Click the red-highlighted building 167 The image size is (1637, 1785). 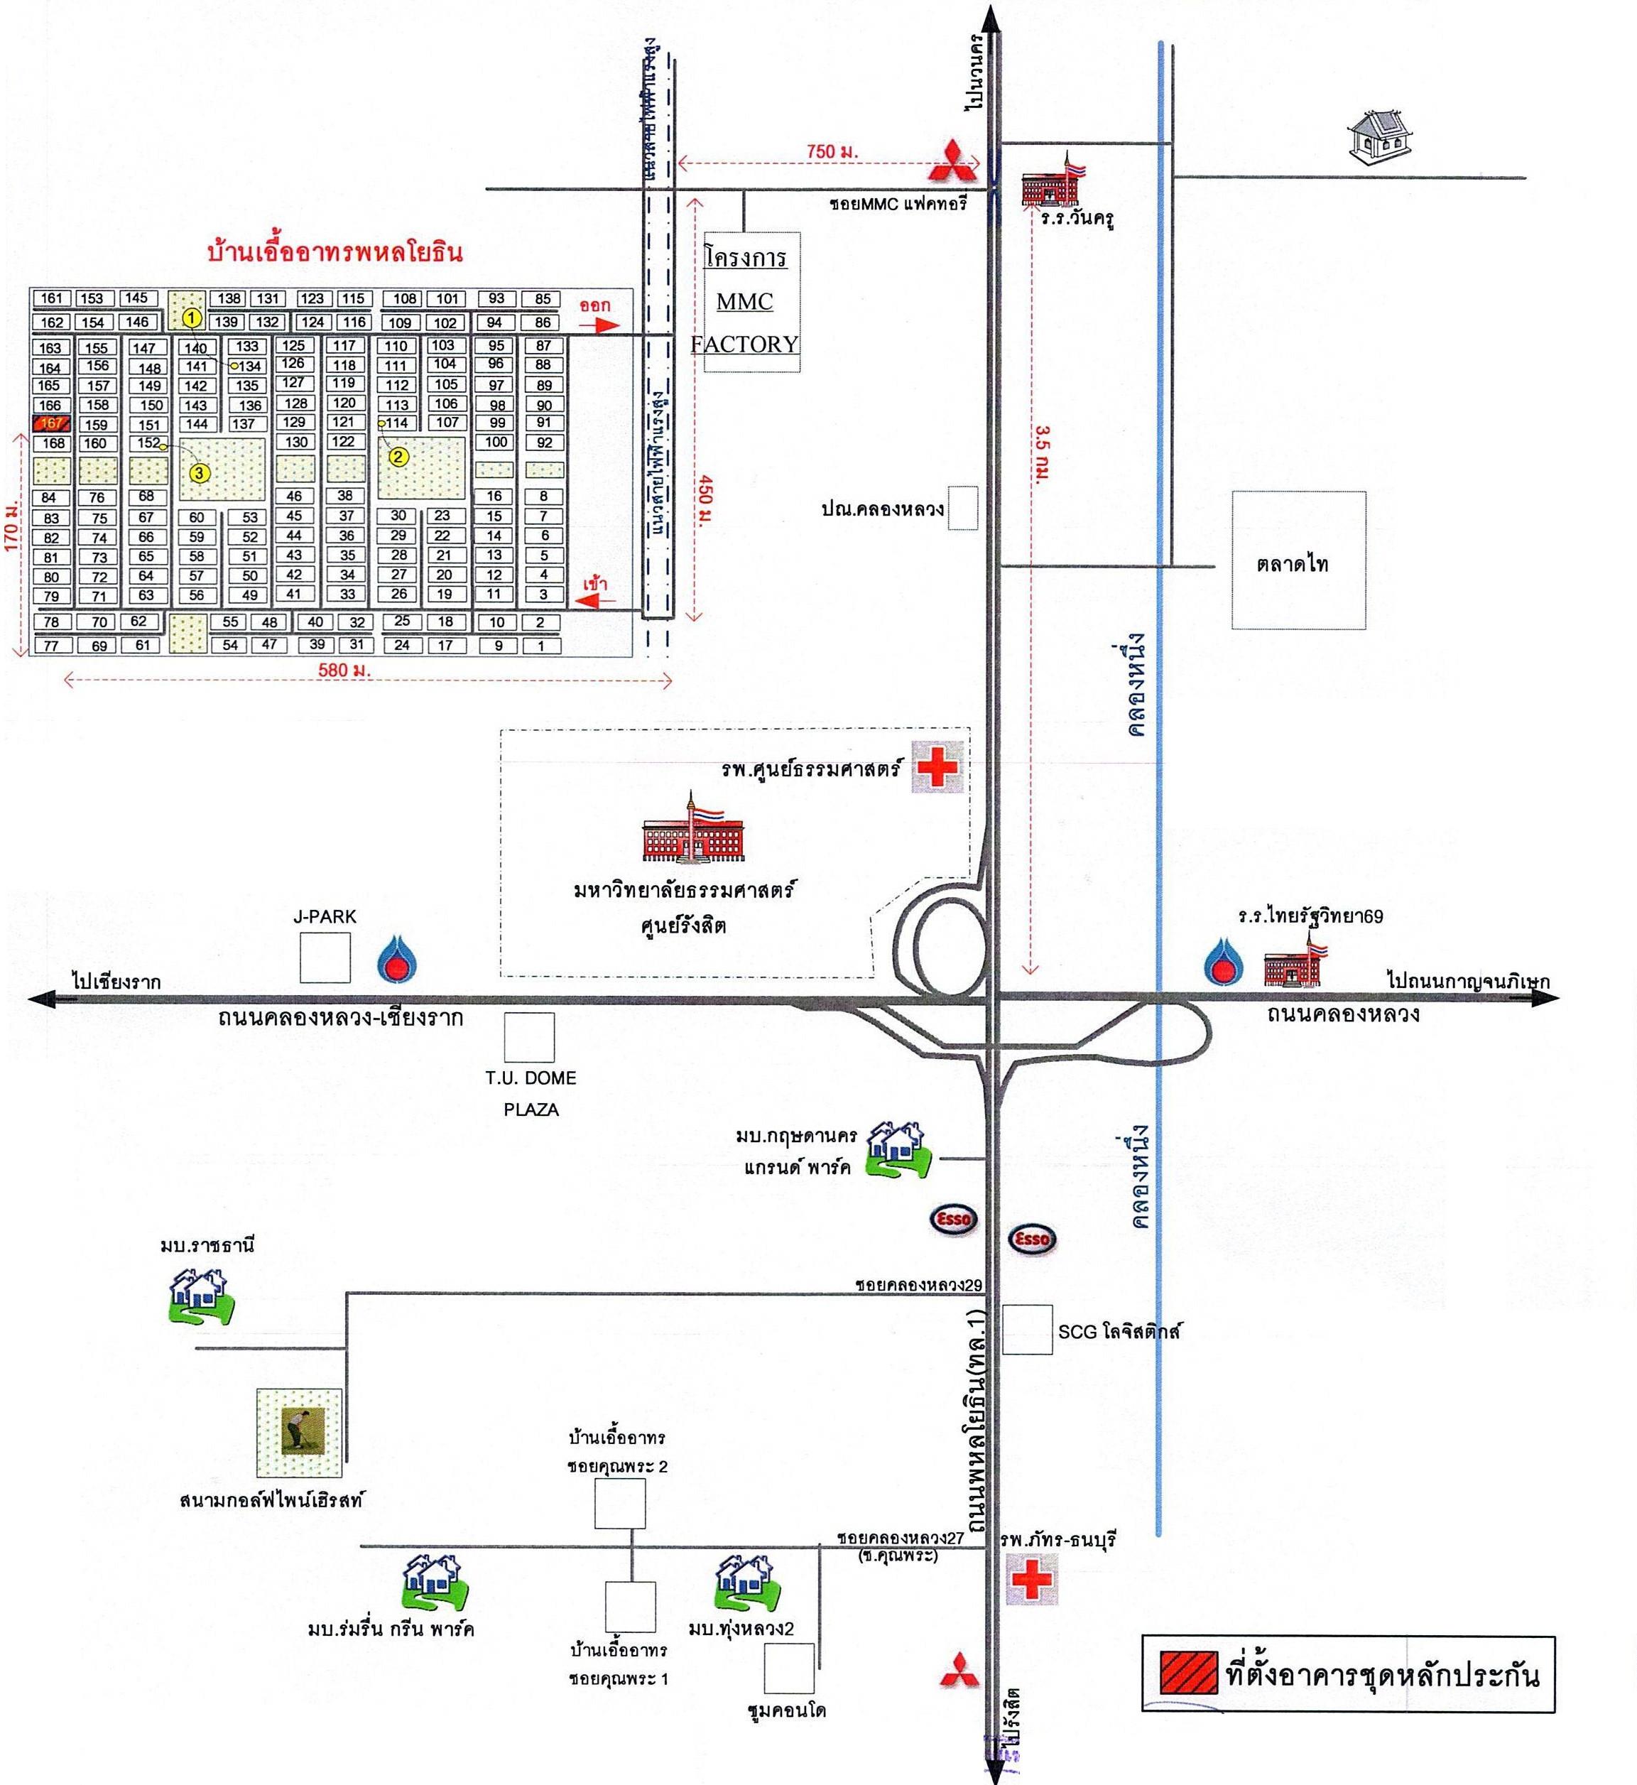51,423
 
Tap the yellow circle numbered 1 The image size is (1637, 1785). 192,316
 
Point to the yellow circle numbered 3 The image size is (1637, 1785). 200,473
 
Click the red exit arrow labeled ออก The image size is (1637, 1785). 602,325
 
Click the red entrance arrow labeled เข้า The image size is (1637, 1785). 594,602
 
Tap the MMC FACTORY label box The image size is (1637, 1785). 744,302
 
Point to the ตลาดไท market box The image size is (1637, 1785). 1298,560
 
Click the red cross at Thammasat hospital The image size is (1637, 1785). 937,767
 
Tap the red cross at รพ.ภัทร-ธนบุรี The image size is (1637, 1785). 1031,1580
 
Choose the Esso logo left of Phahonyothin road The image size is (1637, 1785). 953,1219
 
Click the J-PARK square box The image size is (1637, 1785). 325,957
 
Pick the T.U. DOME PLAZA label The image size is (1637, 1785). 531,1093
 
